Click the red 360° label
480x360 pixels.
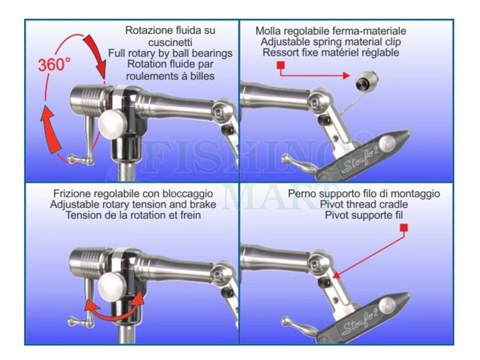54,64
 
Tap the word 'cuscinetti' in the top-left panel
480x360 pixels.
170,42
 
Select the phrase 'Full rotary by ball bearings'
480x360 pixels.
170,53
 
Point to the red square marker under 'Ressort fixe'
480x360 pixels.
281,66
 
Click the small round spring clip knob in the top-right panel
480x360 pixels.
365,83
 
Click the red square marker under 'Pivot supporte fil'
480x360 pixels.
404,228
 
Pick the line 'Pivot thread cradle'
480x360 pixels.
364,204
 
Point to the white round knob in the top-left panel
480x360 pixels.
114,125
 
